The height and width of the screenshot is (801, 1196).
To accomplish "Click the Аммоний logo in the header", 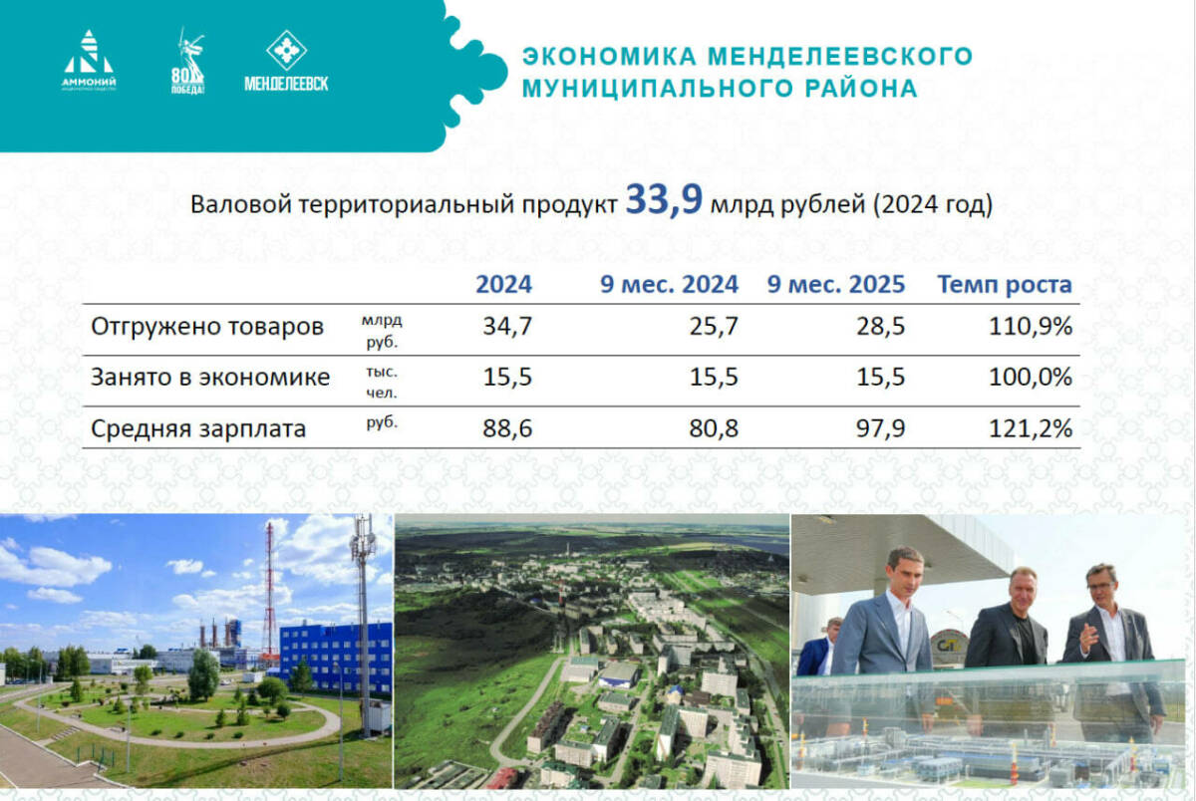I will [90, 62].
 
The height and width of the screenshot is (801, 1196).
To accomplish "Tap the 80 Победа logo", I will [187, 62].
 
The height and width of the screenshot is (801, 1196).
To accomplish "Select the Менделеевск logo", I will [286, 62].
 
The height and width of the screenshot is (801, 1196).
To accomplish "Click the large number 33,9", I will [664, 201].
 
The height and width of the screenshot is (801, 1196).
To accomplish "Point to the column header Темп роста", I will [1004, 285].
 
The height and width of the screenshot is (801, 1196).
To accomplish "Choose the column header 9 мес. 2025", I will [835, 285].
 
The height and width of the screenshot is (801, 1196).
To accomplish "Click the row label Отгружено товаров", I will [207, 327].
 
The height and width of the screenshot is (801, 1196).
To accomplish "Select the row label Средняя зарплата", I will [198, 429].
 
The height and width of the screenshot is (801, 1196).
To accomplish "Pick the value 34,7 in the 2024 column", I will [507, 327].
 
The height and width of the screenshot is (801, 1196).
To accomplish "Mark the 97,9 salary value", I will [881, 429].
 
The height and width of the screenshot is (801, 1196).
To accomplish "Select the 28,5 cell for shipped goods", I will [881, 327].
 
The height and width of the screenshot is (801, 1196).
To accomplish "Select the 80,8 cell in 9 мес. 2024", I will [714, 429].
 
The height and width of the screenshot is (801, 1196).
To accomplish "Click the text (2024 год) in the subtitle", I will [932, 205].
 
